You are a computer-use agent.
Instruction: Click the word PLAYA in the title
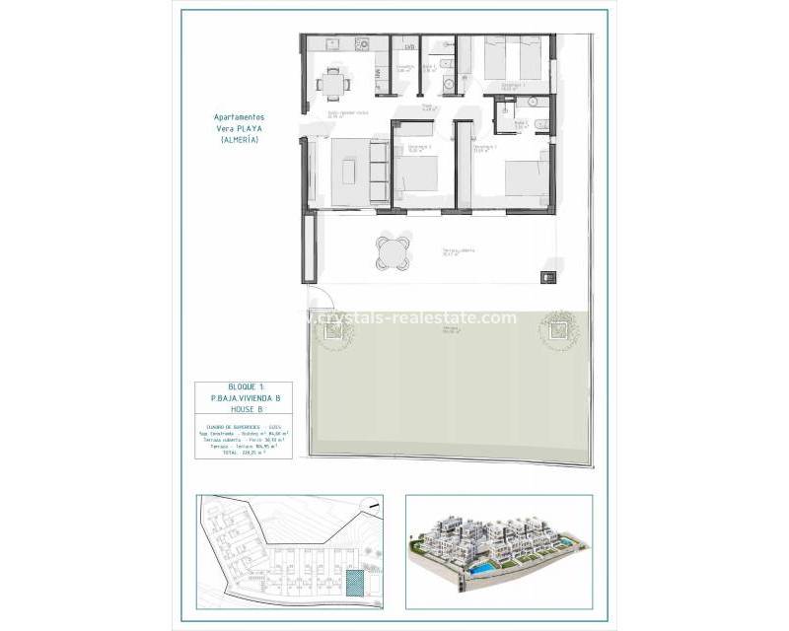(x=256, y=128)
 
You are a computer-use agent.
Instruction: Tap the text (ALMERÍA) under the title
(x=240, y=140)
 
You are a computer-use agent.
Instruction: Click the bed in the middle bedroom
(x=421, y=175)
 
